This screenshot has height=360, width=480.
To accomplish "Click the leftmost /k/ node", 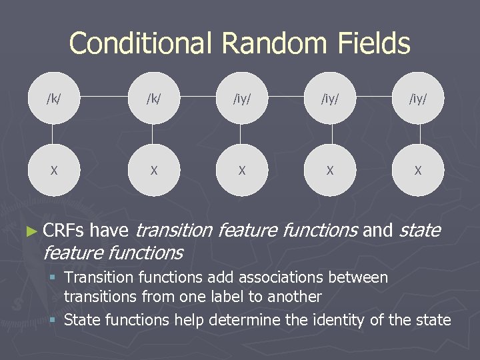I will point(54,98).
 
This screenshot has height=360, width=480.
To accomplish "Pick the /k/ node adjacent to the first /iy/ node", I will point(154,98).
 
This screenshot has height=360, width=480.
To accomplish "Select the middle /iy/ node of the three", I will point(330,98).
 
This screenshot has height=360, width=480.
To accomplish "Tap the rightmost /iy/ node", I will point(418,98).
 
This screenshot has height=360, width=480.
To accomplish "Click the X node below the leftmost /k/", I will point(54,170).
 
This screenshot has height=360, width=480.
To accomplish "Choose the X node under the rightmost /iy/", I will point(418,170).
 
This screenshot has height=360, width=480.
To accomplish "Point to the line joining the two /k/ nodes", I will point(104,98).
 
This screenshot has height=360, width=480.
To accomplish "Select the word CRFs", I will point(64,231).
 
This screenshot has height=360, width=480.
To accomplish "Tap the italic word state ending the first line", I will point(419,231).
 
